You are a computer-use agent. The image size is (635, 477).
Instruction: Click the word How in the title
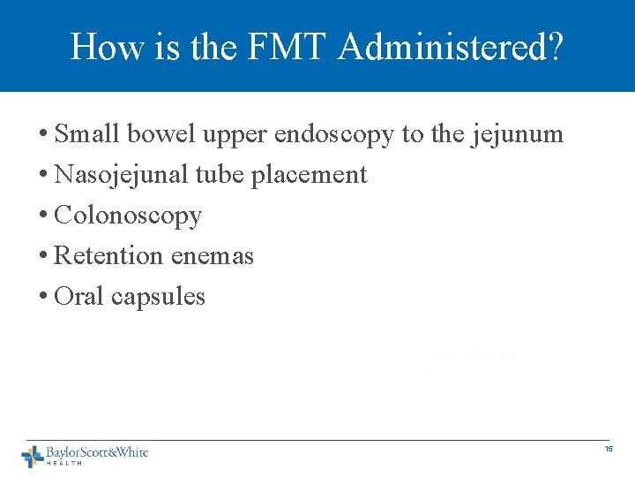pyautogui.click(x=99, y=46)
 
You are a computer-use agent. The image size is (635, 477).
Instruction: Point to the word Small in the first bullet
pyautogui.click(x=88, y=134)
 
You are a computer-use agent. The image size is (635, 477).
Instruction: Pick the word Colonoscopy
pyautogui.click(x=128, y=216)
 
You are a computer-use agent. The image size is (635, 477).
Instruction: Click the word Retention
pyautogui.click(x=108, y=256)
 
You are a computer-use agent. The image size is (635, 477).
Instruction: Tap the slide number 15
pyautogui.click(x=609, y=450)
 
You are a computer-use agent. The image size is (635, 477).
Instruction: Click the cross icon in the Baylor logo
pyautogui.click(x=33, y=456)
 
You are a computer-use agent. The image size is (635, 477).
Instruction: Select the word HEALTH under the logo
pyautogui.click(x=64, y=463)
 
